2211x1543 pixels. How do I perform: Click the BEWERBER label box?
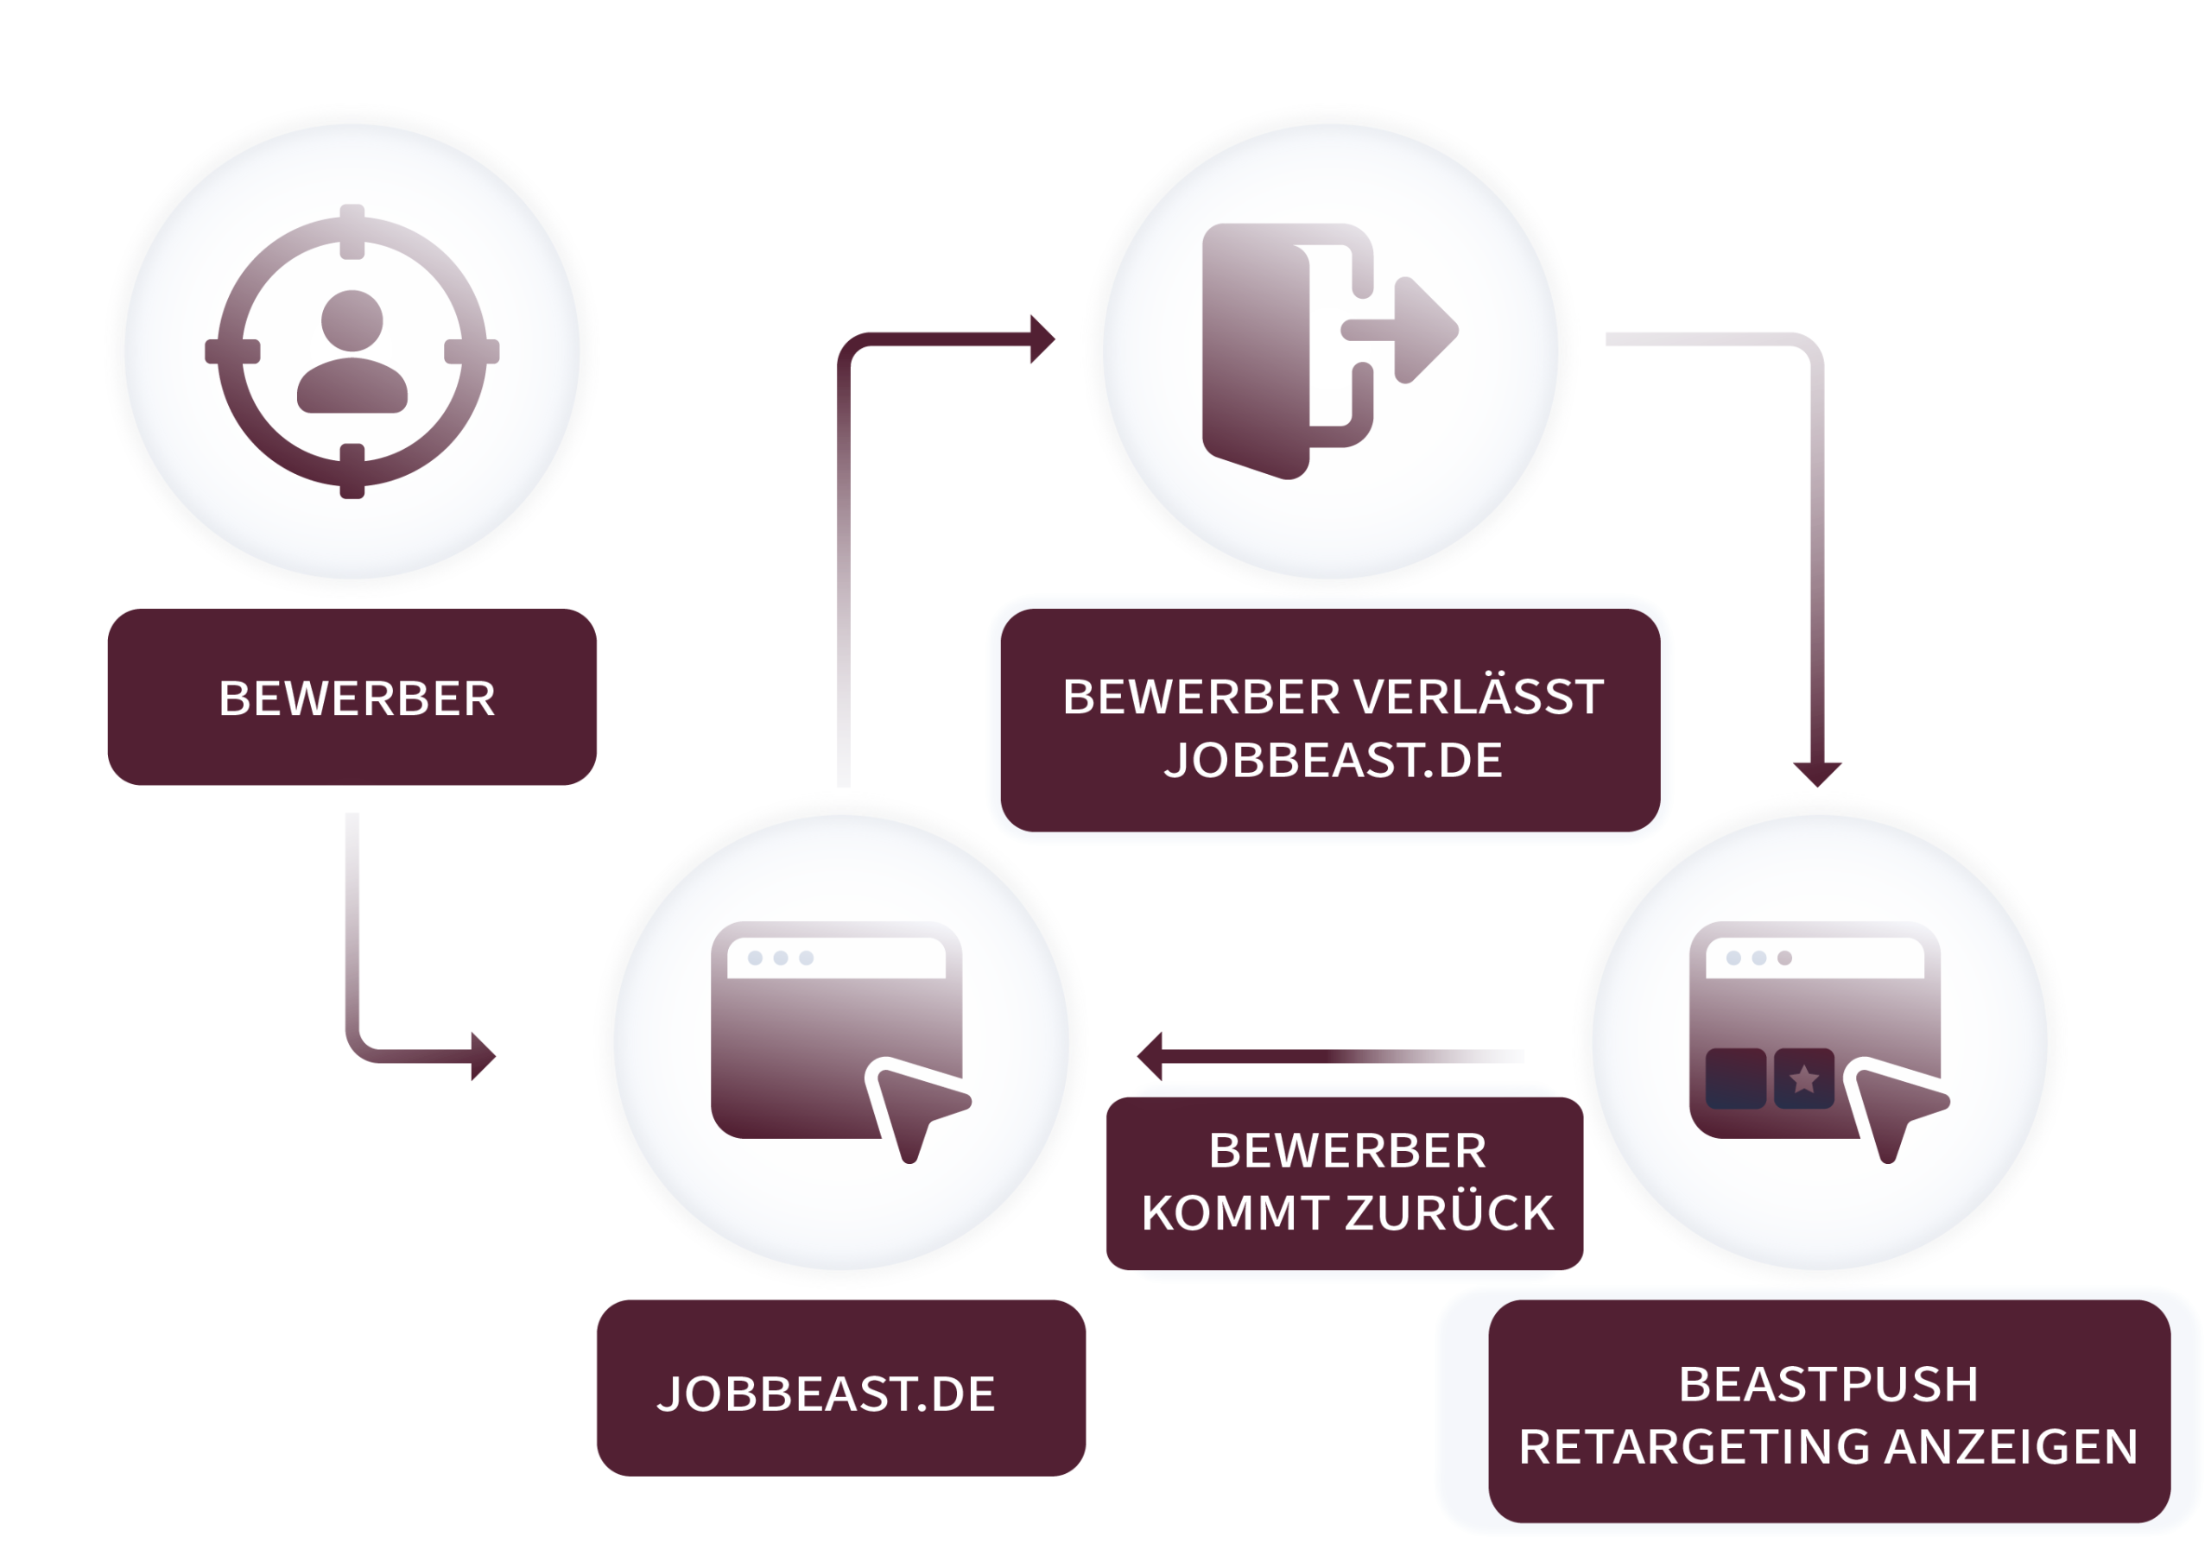tap(352, 697)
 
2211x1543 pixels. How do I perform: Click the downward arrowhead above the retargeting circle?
tap(1817, 772)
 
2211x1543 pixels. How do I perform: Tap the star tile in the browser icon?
tap(1803, 1079)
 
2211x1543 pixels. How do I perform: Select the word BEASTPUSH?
tap(1828, 1384)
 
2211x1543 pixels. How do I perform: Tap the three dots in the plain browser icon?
tap(780, 958)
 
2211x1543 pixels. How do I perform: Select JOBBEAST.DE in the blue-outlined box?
tap(1333, 760)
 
